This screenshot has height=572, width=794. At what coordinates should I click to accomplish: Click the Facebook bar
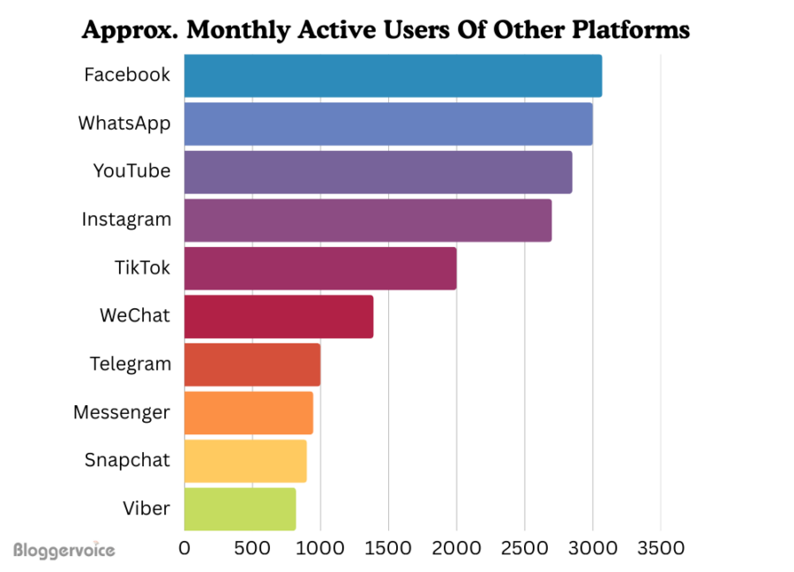coord(393,76)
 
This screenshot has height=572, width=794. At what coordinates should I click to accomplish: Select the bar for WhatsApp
coord(388,124)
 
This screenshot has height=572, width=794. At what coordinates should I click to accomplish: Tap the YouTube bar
coord(378,171)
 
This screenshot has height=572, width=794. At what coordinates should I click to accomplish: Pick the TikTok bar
coord(320,268)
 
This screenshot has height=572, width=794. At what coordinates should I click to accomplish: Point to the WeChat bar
coord(279,316)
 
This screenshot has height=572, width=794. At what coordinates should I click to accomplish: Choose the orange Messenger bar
coord(249,412)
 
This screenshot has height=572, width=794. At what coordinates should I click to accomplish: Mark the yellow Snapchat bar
coord(245,460)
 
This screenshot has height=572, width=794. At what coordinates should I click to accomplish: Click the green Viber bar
coord(240,508)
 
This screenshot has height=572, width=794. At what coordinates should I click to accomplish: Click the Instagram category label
coord(126,219)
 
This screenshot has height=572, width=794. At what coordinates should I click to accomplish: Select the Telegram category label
coord(130,364)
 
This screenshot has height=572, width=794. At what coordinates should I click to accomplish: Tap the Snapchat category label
coord(127,460)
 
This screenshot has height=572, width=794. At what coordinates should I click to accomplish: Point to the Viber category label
coord(146,508)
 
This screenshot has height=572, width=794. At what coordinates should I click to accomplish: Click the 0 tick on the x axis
coord(184,548)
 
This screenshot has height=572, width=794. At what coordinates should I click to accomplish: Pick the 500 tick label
coord(252,548)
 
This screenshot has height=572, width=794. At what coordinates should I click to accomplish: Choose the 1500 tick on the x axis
coord(388,548)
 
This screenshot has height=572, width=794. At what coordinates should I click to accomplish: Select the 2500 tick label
coord(524,548)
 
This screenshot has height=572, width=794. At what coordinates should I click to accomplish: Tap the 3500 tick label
coord(660,548)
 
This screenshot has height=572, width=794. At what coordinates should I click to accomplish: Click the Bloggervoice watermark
coord(64,550)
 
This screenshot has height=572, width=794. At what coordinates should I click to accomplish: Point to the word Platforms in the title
coord(627,30)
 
